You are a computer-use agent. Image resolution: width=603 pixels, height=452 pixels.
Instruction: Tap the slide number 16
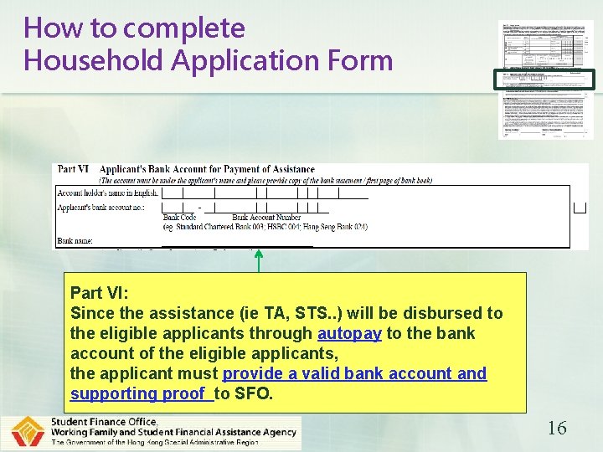point(557,429)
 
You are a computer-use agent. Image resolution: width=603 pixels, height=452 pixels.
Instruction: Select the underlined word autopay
point(349,333)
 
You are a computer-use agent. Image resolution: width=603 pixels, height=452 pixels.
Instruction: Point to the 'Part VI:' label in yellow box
point(99,293)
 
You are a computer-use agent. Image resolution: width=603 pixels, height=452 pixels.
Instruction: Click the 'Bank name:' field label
point(75,240)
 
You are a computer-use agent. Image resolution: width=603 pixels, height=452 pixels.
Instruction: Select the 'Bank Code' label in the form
point(179,218)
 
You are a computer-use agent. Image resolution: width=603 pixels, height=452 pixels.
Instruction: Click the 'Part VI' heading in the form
point(74,169)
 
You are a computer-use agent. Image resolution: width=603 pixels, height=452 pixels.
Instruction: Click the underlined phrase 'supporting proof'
point(139,393)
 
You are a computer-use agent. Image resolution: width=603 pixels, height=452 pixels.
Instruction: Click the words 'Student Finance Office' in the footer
point(104,421)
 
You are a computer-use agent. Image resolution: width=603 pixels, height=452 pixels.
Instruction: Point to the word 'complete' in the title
point(183,28)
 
